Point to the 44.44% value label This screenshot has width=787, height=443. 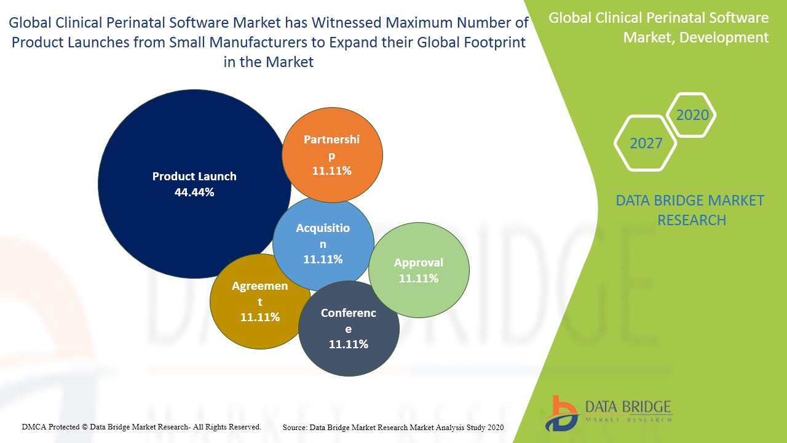point(194,192)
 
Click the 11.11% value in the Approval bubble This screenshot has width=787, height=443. point(419,278)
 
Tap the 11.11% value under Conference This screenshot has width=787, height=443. point(348,344)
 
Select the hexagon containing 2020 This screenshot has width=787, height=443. point(692,115)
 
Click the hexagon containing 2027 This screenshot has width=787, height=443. point(646,143)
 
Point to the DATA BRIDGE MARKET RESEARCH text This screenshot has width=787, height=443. point(691,210)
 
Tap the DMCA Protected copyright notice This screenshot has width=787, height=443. point(141,426)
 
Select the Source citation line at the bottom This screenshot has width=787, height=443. point(393,427)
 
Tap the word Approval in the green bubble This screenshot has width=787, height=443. point(419,263)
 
